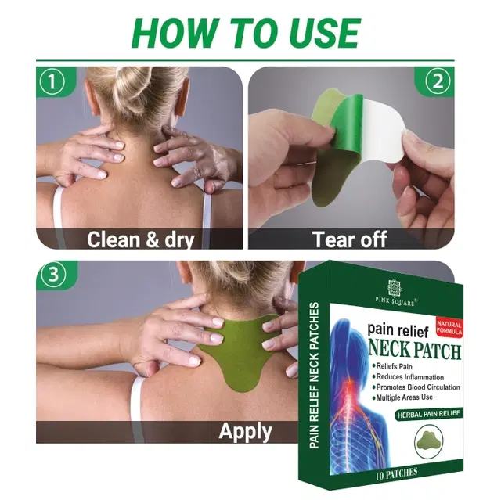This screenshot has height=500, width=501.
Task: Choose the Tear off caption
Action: [350, 239]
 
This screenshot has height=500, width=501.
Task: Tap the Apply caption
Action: [246, 431]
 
